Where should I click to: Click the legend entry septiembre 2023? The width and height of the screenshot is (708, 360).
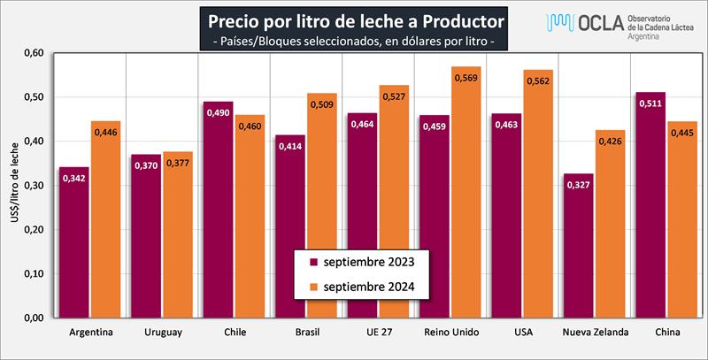tap(364, 262)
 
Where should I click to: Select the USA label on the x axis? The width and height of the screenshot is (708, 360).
tap(522, 333)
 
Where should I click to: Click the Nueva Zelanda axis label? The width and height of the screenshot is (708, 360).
tap(595, 333)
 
